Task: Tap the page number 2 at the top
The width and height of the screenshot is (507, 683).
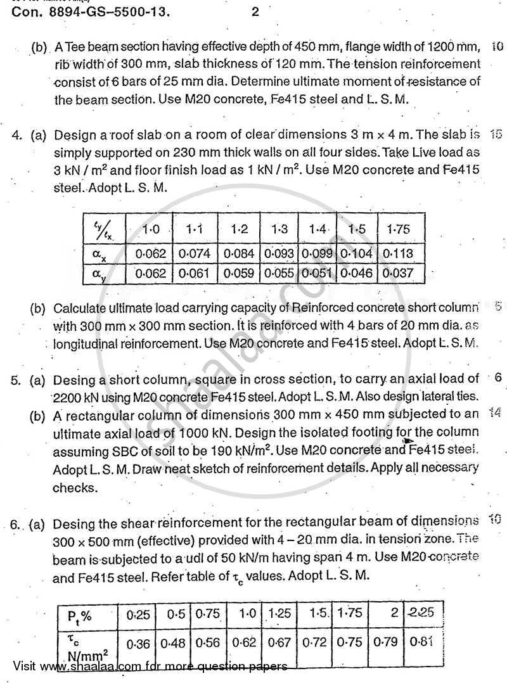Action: [255, 11]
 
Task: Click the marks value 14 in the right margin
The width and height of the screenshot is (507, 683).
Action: [496, 412]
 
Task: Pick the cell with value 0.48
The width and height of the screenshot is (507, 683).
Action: [172, 642]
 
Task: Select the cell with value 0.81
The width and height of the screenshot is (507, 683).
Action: [421, 641]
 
